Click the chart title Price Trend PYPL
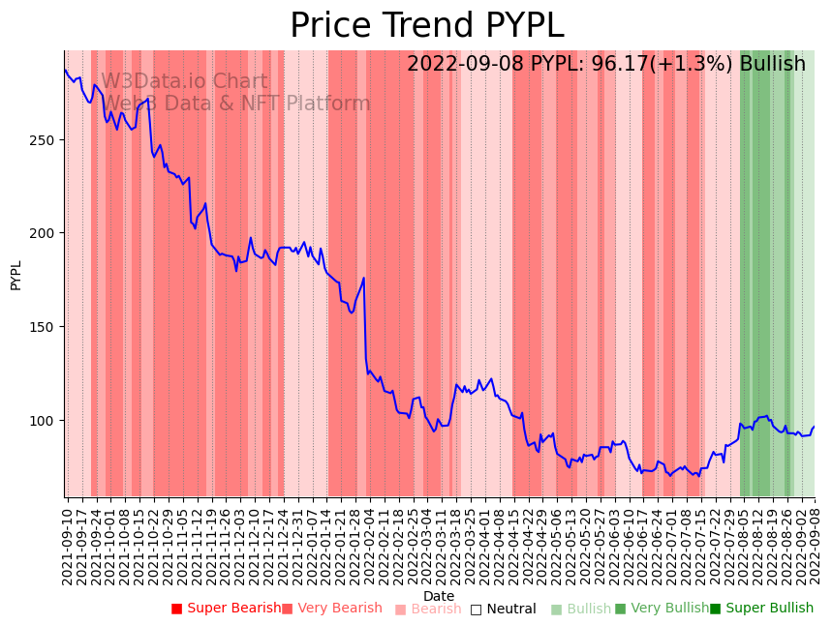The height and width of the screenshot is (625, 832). pyautogui.click(x=426, y=25)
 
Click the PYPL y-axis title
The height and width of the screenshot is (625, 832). pyautogui.click(x=15, y=275)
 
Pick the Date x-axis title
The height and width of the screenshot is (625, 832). pyautogui.click(x=439, y=596)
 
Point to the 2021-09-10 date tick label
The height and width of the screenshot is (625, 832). pyautogui.click(x=68, y=542)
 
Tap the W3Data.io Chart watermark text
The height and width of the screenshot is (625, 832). pyautogui.click(x=184, y=82)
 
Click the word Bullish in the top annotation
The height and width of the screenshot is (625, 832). pyautogui.click(x=772, y=64)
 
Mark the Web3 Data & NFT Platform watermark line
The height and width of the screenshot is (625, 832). pyautogui.click(x=236, y=104)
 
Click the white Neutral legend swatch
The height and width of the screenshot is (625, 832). pyautogui.click(x=476, y=609)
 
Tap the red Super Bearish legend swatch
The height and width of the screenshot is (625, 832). pyautogui.click(x=176, y=609)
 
